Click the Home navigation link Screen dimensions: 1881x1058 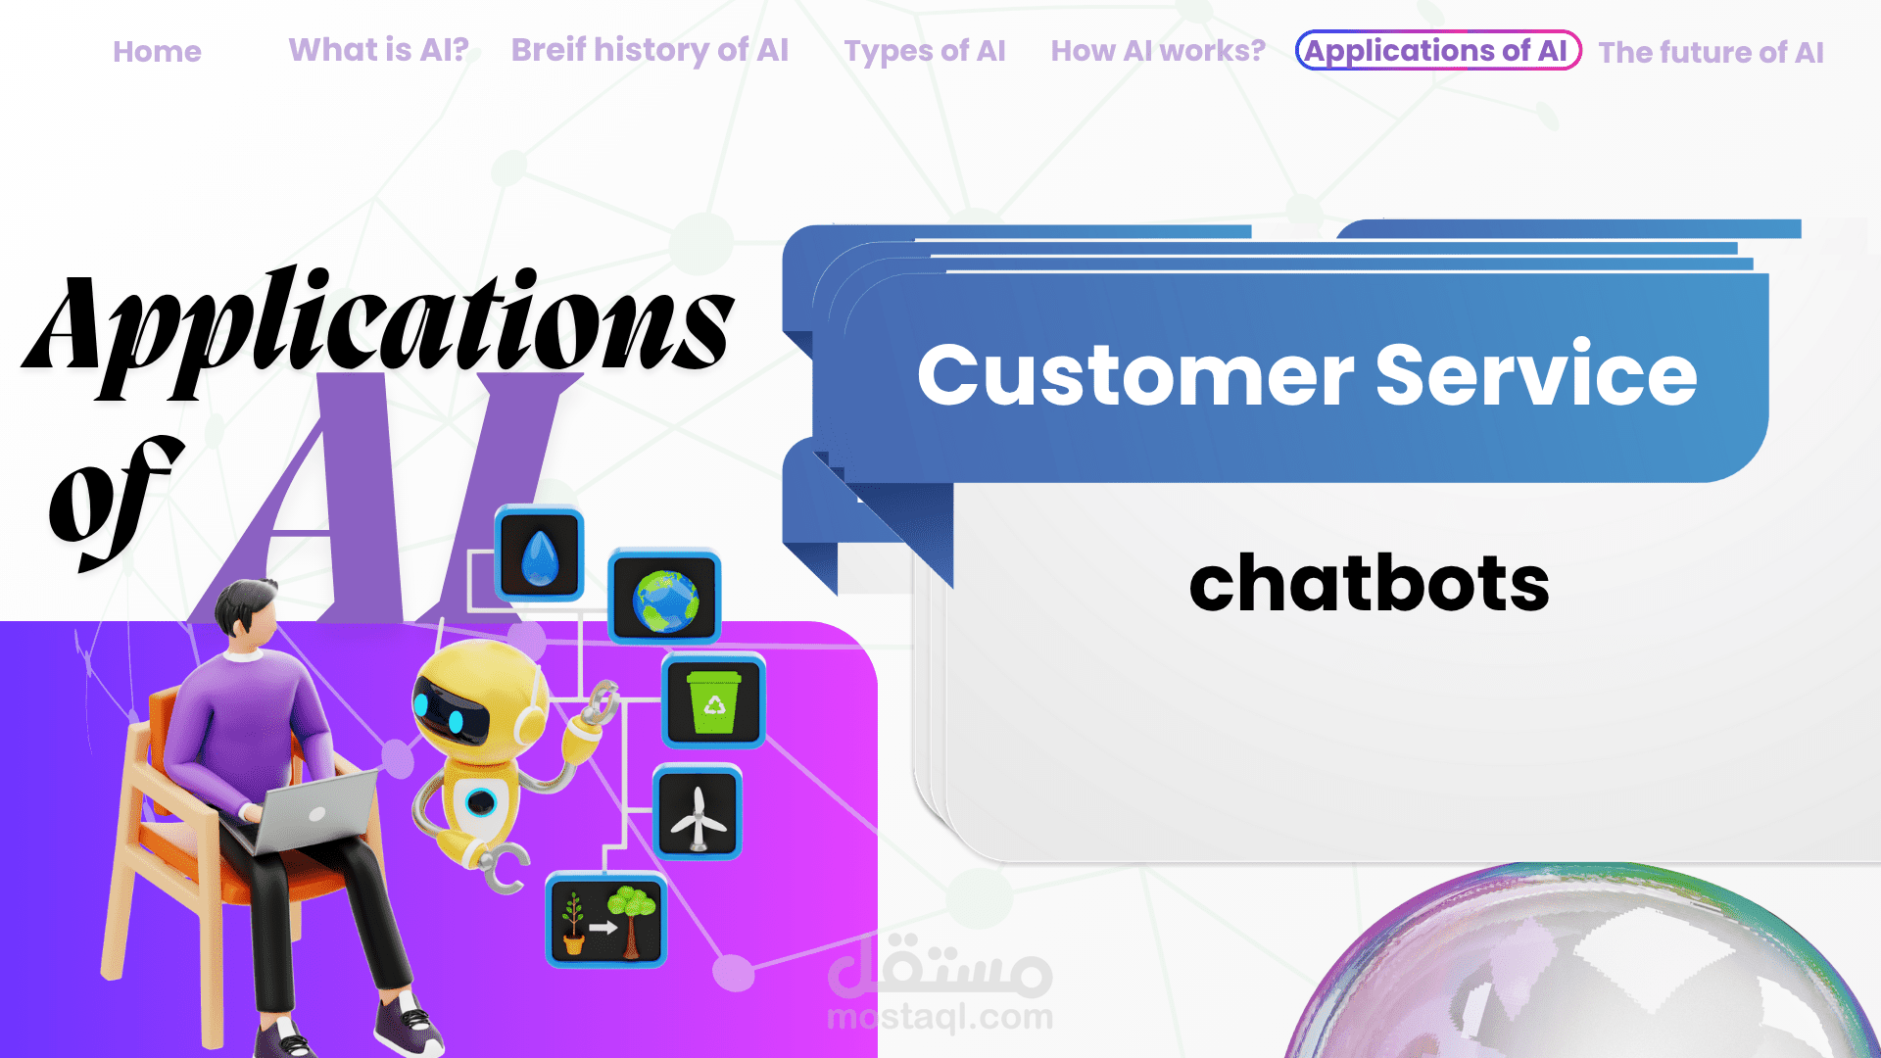pyautogui.click(x=157, y=52)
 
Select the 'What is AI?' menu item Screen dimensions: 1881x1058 pyautogui.click(x=378, y=50)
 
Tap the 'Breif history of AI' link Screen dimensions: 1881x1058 pyautogui.click(x=650, y=50)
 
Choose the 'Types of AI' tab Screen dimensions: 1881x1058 pyautogui.click(x=925, y=51)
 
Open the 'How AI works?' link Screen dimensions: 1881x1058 pyautogui.click(x=1158, y=50)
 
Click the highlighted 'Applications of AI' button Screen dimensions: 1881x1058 pyautogui.click(x=1438, y=50)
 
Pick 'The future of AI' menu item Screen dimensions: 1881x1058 pyautogui.click(x=1711, y=52)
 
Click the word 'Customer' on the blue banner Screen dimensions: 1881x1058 pyautogui.click(x=1135, y=375)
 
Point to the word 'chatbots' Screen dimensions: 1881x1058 pyautogui.click(x=1369, y=584)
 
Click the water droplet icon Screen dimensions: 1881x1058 pyautogui.click(x=539, y=553)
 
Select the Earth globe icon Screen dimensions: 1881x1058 pyautogui.click(x=665, y=598)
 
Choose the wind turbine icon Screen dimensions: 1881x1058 pyautogui.click(x=697, y=813)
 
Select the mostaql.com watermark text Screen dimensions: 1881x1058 pyautogui.click(x=940, y=1017)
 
